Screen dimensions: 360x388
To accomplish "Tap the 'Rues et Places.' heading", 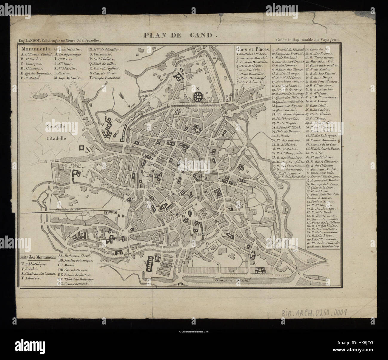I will (x=252, y=49).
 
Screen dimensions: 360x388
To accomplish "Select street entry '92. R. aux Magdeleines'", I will (x=325, y=247).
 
